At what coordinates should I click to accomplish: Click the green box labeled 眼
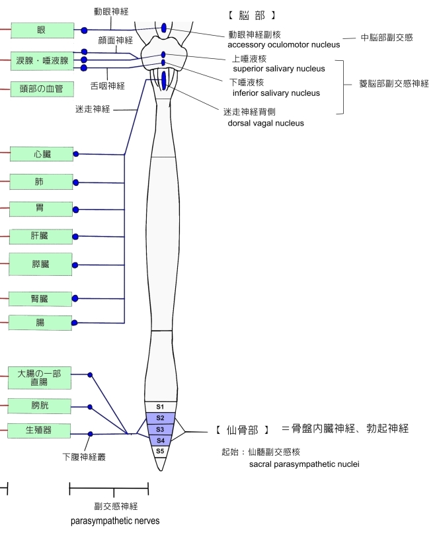pos(42,30)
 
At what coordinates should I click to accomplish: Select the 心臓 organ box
pos(42,154)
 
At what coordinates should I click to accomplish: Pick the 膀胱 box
pos(39,405)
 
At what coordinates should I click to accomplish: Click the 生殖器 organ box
pos(39,431)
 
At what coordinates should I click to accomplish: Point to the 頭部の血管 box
pos(42,89)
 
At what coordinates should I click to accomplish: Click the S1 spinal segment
pos(160,406)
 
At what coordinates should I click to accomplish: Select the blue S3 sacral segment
pos(160,429)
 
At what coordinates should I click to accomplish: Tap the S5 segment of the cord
pos(160,450)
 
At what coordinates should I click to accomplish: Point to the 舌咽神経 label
pos(107,85)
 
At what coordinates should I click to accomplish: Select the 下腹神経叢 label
pos(85,456)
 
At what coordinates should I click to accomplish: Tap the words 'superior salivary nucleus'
pos(278,68)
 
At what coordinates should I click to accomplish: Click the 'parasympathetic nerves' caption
pos(115,521)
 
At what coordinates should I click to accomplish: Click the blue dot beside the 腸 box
pos(75,323)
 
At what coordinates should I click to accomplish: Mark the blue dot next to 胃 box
pos(75,210)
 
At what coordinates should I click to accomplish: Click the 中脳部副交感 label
pos(386,38)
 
